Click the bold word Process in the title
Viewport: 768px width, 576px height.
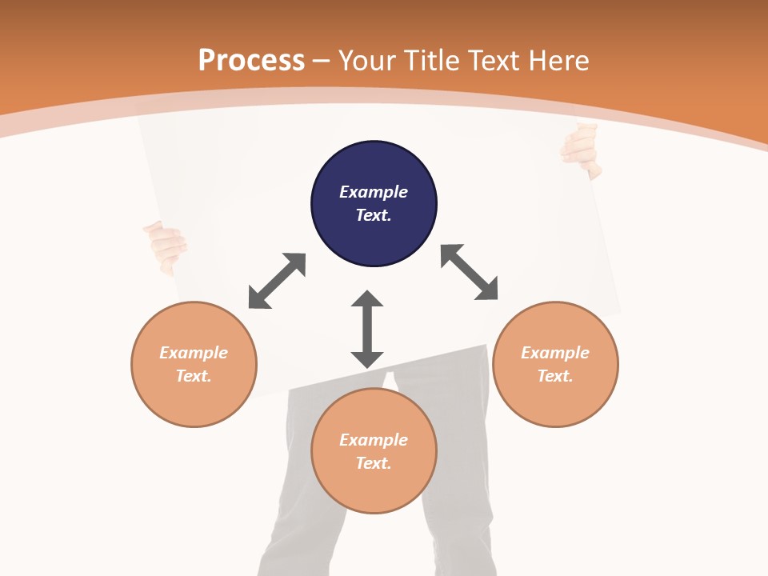[x=251, y=61]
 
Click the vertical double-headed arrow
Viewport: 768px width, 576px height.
[x=367, y=329]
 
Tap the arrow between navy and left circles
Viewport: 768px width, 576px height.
[x=277, y=281]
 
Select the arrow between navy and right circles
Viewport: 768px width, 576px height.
[x=470, y=272]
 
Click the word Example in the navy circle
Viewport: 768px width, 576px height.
[x=374, y=192]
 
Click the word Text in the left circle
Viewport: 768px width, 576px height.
[x=194, y=376]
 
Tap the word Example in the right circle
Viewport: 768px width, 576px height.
[x=555, y=353]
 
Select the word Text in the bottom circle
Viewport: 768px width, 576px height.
[x=374, y=463]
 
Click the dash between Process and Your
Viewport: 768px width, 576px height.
[x=321, y=61]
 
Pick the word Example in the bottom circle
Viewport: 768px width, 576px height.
[x=374, y=440]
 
